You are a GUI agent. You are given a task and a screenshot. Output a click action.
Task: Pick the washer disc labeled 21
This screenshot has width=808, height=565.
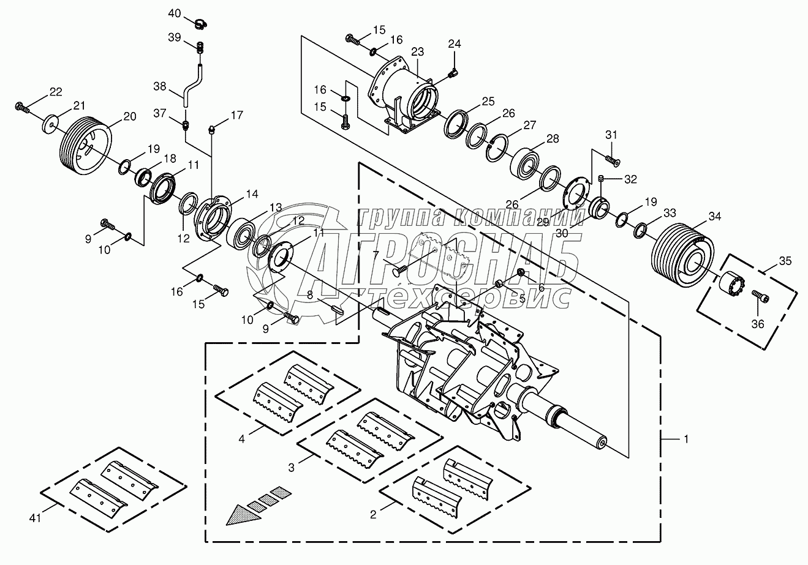pos(50,122)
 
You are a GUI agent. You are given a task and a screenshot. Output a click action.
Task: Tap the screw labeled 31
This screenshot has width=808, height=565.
pos(612,160)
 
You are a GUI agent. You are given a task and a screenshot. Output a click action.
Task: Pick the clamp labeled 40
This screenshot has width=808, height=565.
pos(199,24)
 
